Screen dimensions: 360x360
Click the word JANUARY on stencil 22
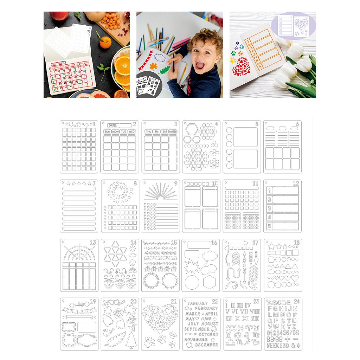[x=198, y=303]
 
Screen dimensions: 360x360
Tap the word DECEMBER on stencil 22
[x=207, y=345]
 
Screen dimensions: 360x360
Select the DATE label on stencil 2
[x=112, y=125]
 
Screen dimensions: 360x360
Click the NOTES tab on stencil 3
[x=173, y=131]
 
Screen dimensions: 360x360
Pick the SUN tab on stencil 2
[x=107, y=131]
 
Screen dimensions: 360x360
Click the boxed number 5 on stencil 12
[x=270, y=226]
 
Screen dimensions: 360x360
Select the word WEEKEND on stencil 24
[x=278, y=345]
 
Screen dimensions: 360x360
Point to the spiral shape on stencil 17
[x=253, y=283]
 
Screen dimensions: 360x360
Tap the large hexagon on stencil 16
[x=211, y=282]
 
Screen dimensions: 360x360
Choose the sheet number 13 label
[x=93, y=243]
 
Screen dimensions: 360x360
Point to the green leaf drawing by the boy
[x=165, y=70]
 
